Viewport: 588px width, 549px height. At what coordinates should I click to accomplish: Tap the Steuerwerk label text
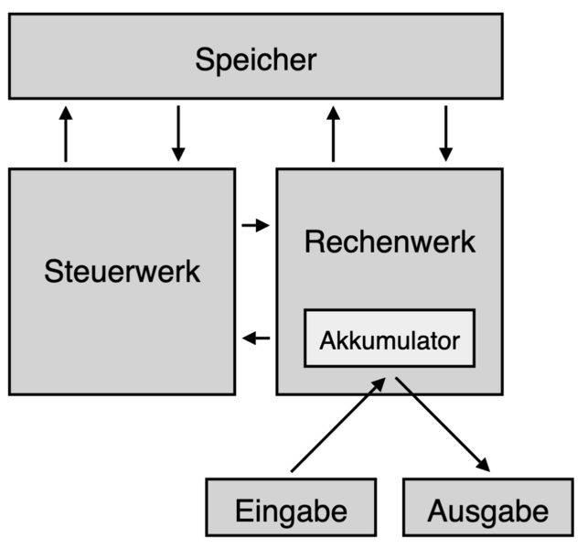click(122, 272)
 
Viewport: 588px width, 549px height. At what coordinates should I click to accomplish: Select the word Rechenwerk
click(390, 242)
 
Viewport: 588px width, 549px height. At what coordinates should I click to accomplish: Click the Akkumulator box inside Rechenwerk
click(390, 340)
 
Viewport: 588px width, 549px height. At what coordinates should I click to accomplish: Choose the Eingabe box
click(291, 509)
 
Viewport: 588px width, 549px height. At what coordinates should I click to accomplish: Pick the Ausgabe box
click(487, 509)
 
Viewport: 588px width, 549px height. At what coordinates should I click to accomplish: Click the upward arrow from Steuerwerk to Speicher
click(65, 134)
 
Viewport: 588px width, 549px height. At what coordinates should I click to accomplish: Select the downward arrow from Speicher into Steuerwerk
click(178, 134)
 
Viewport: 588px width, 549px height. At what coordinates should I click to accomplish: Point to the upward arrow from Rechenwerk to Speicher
click(333, 134)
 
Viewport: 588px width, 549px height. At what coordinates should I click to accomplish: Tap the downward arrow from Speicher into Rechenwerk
click(445, 134)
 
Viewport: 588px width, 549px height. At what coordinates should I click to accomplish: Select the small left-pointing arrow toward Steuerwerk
click(257, 339)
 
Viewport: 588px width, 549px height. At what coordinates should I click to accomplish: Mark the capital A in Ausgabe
click(437, 509)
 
